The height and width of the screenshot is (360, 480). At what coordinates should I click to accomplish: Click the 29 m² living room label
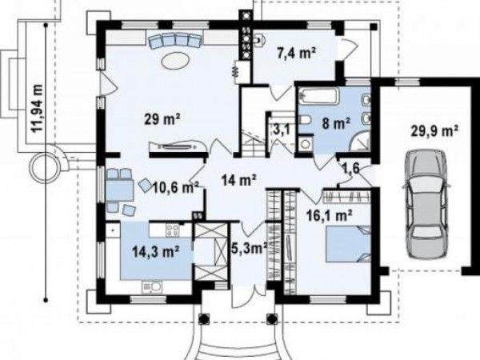[162, 118]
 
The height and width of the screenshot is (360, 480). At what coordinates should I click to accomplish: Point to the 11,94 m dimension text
[38, 107]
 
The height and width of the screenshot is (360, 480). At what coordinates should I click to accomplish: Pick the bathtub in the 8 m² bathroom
[319, 96]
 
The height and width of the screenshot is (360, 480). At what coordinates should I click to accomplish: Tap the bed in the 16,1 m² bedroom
[348, 244]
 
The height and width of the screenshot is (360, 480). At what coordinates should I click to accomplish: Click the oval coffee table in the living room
[176, 60]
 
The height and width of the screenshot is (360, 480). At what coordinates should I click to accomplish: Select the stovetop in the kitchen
[173, 230]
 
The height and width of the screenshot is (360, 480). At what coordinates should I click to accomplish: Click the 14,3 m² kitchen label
[155, 252]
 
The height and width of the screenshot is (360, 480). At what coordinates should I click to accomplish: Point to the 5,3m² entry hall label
[249, 248]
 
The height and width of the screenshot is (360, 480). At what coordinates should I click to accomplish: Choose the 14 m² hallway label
[238, 180]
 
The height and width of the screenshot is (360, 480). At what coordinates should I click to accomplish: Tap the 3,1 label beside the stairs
[282, 130]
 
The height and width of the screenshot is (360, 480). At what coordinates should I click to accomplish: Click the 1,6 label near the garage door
[350, 168]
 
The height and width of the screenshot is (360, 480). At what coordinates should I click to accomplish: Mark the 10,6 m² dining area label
[176, 187]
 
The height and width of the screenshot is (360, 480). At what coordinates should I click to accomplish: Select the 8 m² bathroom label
[336, 124]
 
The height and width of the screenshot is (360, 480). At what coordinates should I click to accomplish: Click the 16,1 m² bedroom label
[329, 216]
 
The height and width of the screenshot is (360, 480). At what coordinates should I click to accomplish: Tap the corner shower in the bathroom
[362, 142]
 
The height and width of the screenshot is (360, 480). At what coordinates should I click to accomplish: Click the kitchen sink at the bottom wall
[151, 287]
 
